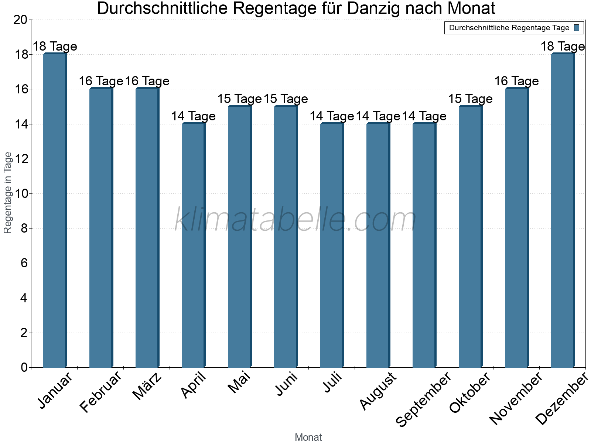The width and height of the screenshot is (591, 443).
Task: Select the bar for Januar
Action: click(55, 210)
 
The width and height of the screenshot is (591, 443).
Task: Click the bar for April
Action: click(193, 245)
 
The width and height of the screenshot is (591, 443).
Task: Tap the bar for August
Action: click(378, 245)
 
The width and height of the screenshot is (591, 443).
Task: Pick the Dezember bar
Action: click(563, 210)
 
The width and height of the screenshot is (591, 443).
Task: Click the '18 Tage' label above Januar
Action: click(55, 47)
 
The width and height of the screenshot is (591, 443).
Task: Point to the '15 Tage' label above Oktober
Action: click(470, 99)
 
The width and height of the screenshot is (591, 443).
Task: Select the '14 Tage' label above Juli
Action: click(332, 116)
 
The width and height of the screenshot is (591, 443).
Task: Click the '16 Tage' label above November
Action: click(516, 81)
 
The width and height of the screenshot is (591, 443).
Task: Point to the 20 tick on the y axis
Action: click(20, 20)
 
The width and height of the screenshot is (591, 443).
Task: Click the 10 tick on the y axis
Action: click(20, 194)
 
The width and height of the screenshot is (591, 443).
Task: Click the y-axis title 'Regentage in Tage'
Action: click(8, 193)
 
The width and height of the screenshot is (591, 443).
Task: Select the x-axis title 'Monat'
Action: click(308, 437)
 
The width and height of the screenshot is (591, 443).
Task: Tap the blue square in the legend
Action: click(577, 28)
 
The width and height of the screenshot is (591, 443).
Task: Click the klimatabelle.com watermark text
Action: click(295, 220)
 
